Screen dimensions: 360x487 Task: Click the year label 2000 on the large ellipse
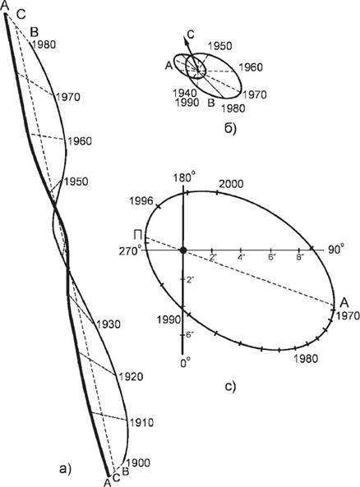[231, 184]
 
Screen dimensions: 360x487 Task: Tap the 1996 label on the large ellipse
[141, 201]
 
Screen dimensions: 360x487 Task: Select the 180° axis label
[185, 178]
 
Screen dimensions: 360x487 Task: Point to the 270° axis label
[130, 250]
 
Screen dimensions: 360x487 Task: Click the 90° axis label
[335, 250]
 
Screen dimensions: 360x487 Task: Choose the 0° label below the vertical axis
[185, 362]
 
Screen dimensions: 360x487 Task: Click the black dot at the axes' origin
[183, 250]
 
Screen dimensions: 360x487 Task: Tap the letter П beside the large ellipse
[138, 235]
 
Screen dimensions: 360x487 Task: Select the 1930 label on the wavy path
[108, 324]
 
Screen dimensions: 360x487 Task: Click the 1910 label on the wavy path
[141, 422]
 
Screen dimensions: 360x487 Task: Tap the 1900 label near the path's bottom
[138, 463]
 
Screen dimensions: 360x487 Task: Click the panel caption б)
[230, 128]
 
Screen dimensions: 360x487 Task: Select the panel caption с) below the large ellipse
[230, 386]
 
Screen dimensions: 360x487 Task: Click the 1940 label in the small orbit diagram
[185, 93]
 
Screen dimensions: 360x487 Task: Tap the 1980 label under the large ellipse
[307, 358]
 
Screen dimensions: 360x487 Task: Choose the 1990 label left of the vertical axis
[168, 319]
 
